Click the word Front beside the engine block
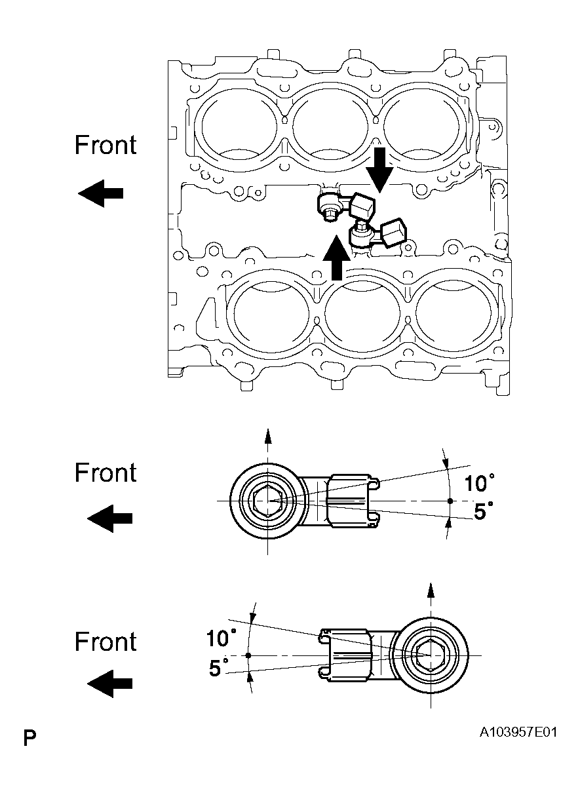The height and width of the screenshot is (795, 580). point(106,145)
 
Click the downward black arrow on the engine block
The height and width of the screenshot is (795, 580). point(379,168)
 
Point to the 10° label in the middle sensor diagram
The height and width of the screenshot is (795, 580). point(479,484)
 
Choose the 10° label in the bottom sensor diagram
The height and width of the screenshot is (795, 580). point(221,638)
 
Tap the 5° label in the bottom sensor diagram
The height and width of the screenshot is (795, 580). point(219,668)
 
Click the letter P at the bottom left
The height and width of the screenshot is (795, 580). point(29,739)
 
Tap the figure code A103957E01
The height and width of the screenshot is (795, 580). point(518,732)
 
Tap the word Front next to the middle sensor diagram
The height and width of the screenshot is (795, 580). point(106,473)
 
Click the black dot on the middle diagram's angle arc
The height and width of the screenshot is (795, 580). point(450,501)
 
